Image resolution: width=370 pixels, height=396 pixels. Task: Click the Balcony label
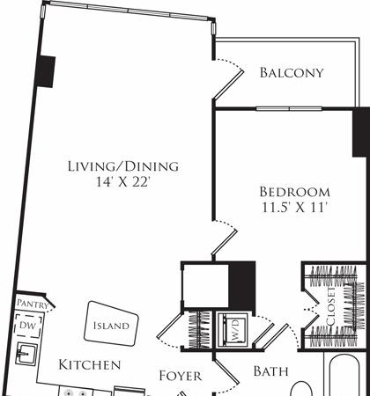pyautogui.click(x=292, y=73)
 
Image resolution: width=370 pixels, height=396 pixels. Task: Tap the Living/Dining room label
pyautogui.click(x=123, y=166)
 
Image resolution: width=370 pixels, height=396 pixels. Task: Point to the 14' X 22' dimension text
pyautogui.click(x=123, y=182)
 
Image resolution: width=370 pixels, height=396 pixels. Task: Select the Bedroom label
pyautogui.click(x=294, y=192)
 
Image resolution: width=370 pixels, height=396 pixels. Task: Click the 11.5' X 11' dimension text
pyautogui.click(x=294, y=208)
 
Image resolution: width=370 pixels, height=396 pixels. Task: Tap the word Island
pyautogui.click(x=111, y=326)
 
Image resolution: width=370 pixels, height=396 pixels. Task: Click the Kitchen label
pyautogui.click(x=90, y=365)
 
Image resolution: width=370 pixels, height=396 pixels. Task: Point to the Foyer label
pyautogui.click(x=181, y=376)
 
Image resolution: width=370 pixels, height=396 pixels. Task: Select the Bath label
pyautogui.click(x=270, y=371)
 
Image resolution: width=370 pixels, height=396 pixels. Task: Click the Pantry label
pyautogui.click(x=33, y=304)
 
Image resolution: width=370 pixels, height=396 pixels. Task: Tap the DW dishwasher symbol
pyautogui.click(x=28, y=326)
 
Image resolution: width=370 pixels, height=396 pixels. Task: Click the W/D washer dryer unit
pyautogui.click(x=233, y=328)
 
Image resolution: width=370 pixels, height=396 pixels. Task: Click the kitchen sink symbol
pyautogui.click(x=27, y=354)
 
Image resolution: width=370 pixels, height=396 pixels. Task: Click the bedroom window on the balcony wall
pyautogui.click(x=289, y=109)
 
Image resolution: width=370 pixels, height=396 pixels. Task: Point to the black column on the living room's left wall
pyautogui.click(x=46, y=71)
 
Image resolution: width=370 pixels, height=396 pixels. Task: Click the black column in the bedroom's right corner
pyautogui.click(x=361, y=132)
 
